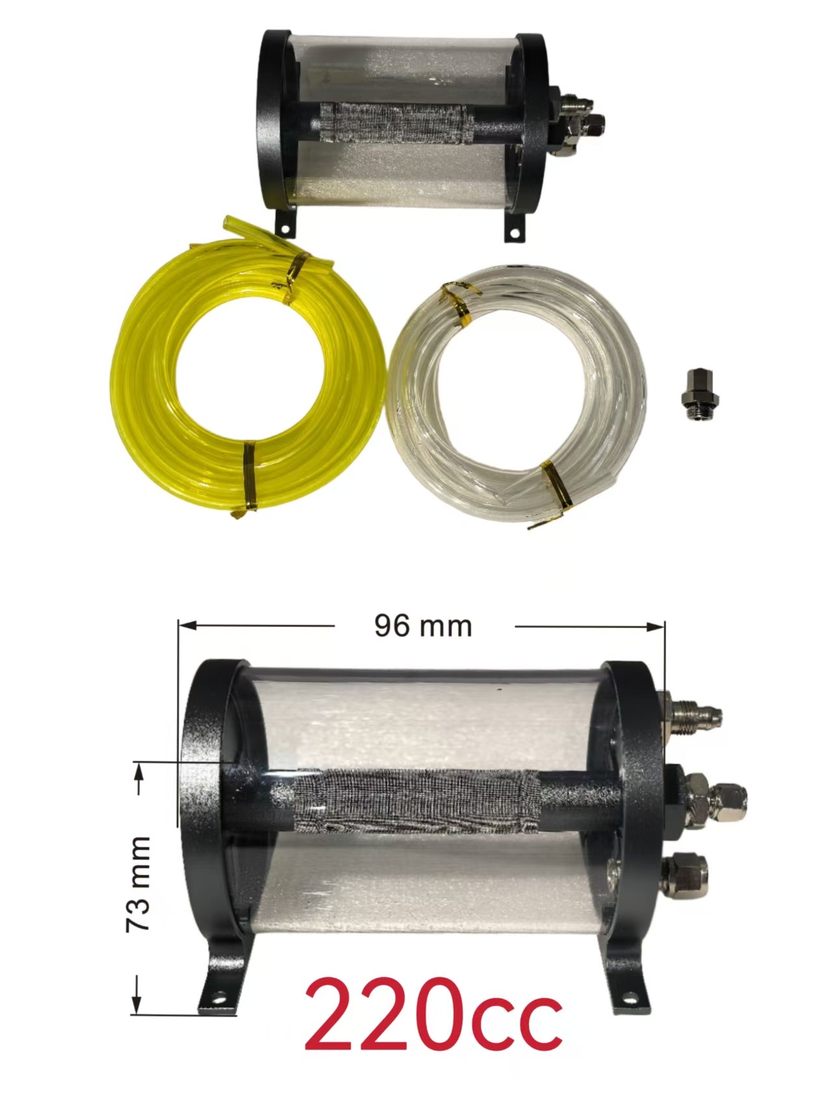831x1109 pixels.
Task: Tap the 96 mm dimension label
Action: (423, 626)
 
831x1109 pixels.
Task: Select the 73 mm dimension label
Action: (138, 884)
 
